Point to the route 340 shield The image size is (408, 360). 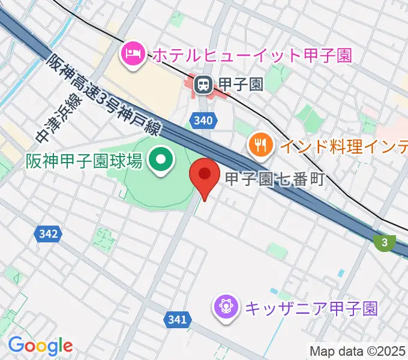[203, 121]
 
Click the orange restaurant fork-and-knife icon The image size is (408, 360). [260, 144]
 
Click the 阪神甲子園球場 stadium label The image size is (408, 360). [83, 161]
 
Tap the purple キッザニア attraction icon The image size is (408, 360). [226, 308]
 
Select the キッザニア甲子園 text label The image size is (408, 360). [311, 308]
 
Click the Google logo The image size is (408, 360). [40, 345]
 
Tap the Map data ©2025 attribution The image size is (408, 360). [357, 351]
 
